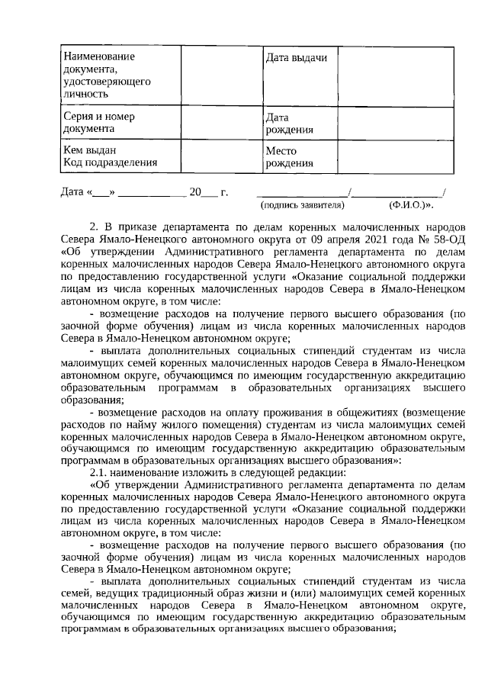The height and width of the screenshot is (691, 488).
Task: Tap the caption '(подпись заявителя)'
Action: (x=303, y=204)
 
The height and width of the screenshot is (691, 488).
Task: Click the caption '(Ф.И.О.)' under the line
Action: (x=407, y=204)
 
